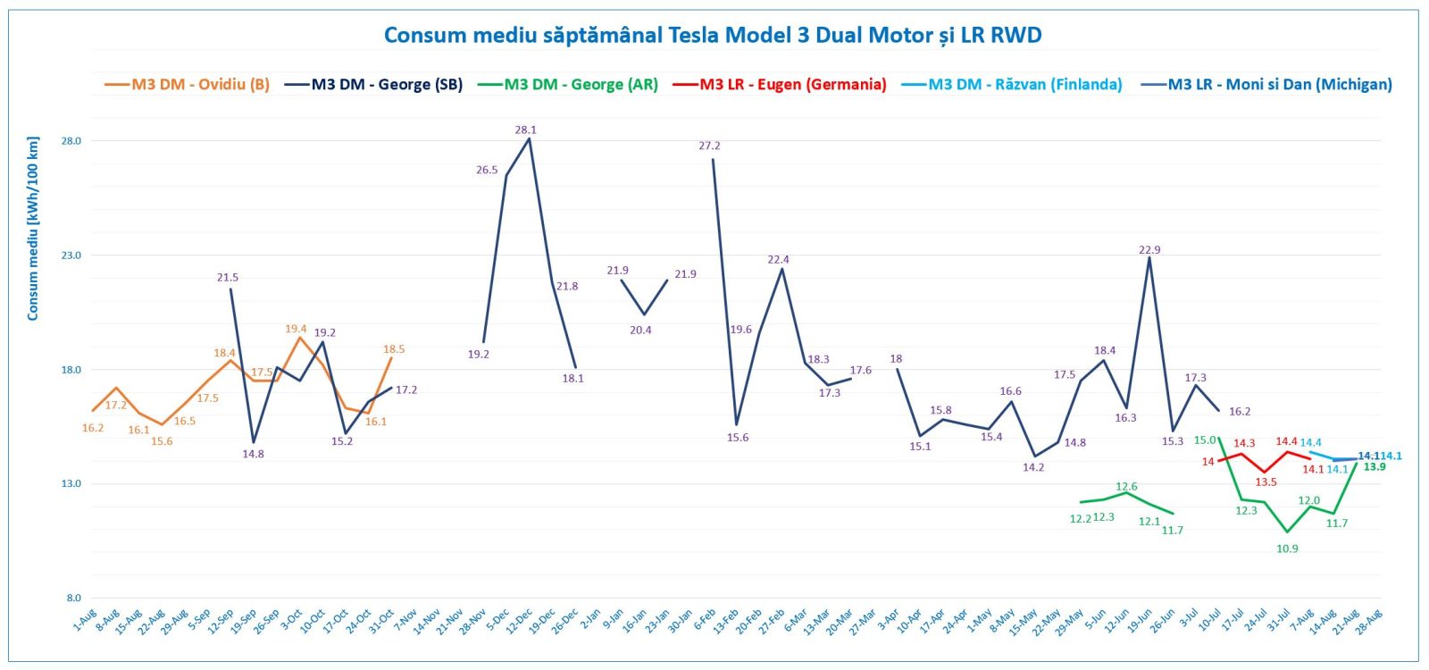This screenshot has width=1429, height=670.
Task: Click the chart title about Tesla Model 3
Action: point(713,35)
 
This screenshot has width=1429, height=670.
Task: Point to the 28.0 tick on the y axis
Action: point(71,141)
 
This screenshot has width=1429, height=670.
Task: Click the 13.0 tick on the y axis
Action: point(71,484)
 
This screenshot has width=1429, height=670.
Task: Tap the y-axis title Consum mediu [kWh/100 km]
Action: point(33,229)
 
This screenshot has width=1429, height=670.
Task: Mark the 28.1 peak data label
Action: point(525,130)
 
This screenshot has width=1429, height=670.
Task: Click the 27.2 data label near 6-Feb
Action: point(709,147)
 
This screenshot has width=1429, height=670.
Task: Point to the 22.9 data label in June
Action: point(1149,250)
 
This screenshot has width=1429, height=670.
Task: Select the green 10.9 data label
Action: point(1287,549)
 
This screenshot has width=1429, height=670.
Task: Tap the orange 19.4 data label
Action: point(296,330)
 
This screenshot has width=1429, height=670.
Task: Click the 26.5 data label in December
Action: point(487,171)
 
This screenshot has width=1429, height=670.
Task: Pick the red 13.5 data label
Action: point(1266,482)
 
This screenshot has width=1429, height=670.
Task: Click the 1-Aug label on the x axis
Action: point(86,619)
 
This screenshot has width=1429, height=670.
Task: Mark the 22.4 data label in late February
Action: point(778,260)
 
